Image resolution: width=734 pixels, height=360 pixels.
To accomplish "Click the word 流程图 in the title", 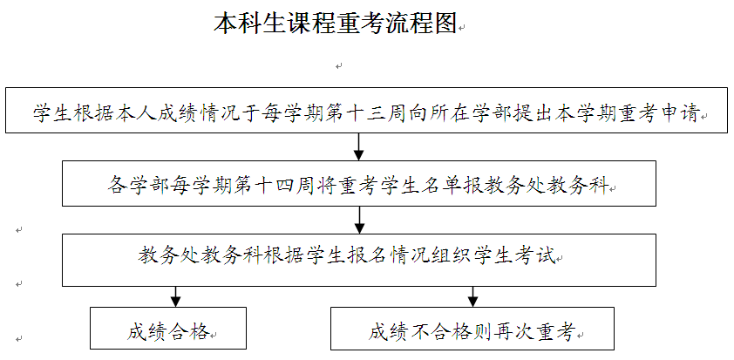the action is (x=421, y=23).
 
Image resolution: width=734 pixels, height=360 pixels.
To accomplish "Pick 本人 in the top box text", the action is (x=112, y=113).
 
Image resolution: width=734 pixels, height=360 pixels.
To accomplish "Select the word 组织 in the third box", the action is (x=451, y=256).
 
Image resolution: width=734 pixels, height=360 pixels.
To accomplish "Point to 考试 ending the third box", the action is (x=540, y=256).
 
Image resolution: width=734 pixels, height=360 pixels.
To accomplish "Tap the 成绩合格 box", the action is (x=168, y=328).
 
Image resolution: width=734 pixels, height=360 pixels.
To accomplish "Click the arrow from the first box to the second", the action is (x=358, y=147).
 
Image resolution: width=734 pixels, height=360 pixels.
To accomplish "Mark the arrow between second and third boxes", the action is (x=358, y=220).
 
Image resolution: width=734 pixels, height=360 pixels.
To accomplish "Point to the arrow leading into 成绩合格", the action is (x=175, y=296).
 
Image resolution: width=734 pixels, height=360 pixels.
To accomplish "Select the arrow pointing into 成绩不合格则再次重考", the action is (x=472, y=296).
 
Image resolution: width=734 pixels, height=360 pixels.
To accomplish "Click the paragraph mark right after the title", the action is (x=461, y=29).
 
